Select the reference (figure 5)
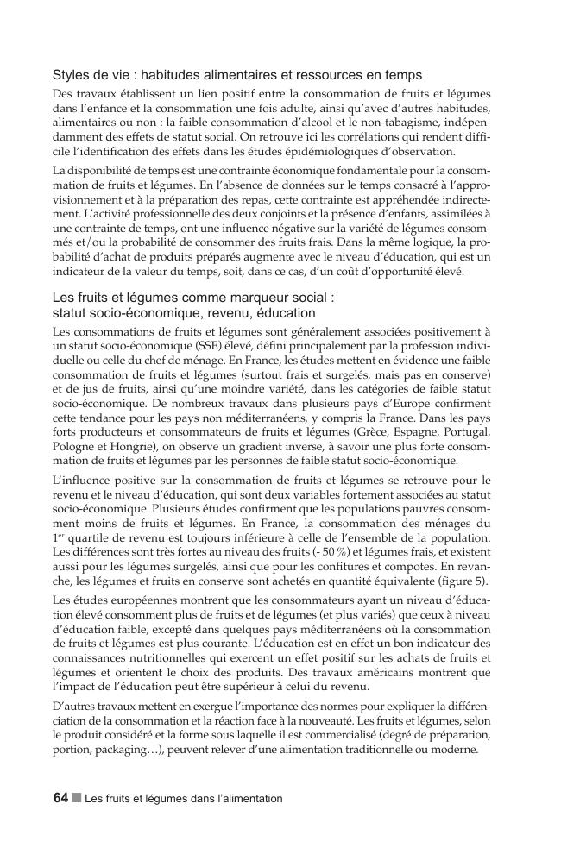[463, 578]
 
